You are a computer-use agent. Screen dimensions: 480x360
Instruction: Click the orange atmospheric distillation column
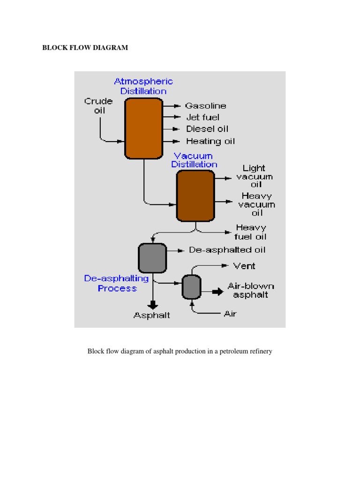pyautogui.click(x=143, y=127)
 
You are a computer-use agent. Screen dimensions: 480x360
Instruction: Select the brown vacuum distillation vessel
pyautogui.click(x=195, y=195)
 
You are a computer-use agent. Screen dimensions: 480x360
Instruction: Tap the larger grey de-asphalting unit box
pyautogui.click(x=152, y=258)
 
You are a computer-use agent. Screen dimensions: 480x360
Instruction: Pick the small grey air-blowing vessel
pyautogui.click(x=191, y=287)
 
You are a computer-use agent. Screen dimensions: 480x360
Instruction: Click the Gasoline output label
pyautogui.click(x=205, y=106)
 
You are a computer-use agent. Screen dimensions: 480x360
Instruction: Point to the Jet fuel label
pyautogui.click(x=202, y=117)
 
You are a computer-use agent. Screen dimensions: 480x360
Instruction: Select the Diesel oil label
pyautogui.click(x=207, y=129)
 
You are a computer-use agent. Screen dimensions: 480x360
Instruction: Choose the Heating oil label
pyautogui.click(x=210, y=141)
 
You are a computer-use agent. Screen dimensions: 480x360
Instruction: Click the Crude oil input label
pyautogui.click(x=98, y=106)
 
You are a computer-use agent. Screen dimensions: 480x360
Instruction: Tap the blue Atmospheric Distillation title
pyautogui.click(x=143, y=86)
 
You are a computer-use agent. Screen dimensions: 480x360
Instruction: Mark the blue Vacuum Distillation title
pyautogui.click(x=194, y=160)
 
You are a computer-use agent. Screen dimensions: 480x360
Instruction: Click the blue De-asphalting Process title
pyautogui.click(x=117, y=283)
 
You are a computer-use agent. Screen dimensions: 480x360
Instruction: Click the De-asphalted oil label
pyautogui.click(x=227, y=250)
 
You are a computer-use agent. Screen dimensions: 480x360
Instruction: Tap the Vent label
pyautogui.click(x=244, y=266)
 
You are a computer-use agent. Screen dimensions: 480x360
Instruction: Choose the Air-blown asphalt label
pyautogui.click(x=251, y=290)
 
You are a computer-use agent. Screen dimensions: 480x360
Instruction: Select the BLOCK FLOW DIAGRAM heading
pyautogui.click(x=85, y=48)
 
